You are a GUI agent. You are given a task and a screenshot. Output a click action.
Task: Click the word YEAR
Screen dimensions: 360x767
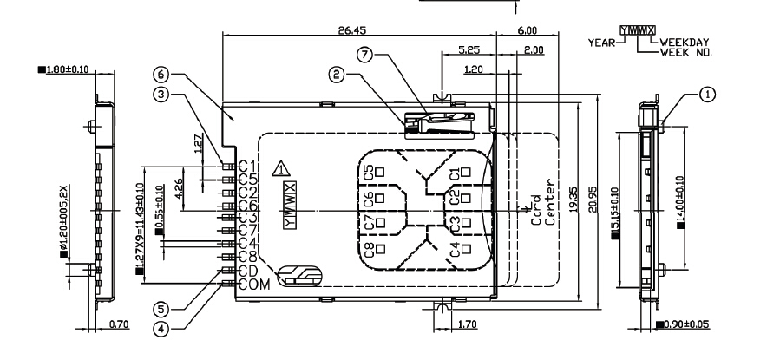pos(600,41)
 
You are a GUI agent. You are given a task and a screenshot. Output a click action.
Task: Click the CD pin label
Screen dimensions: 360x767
pos(246,272)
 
